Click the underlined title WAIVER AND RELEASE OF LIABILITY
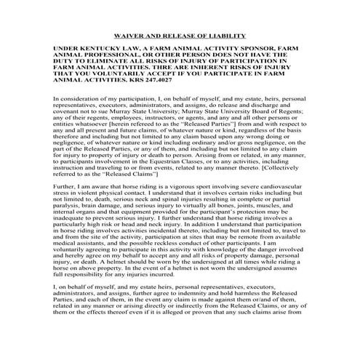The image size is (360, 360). (x=179, y=35)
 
